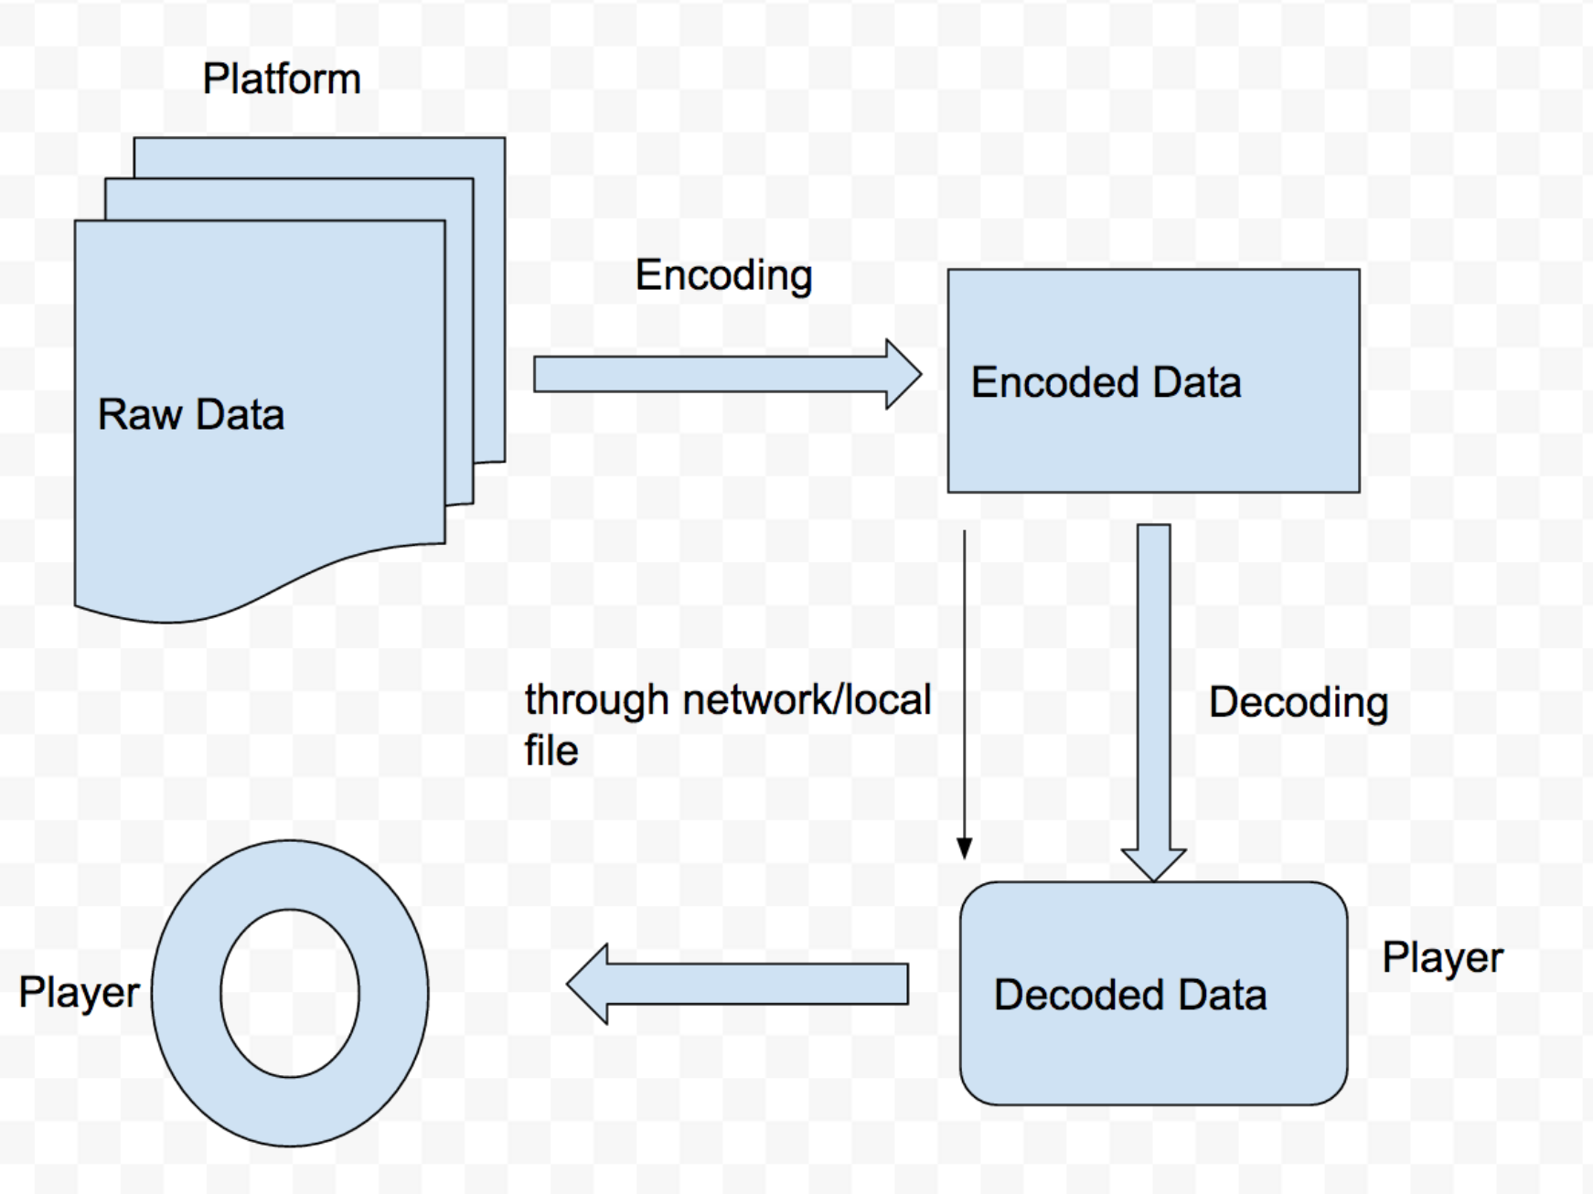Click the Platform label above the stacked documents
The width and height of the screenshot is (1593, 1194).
point(282,79)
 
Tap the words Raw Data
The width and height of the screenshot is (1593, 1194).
point(191,414)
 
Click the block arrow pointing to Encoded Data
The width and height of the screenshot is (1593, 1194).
point(727,375)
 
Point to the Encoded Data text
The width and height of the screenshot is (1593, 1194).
point(1106,382)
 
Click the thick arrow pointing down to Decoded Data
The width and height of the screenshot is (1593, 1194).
point(1154,702)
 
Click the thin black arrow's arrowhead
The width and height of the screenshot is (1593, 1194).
point(964,848)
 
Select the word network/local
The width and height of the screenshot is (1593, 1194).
point(807,700)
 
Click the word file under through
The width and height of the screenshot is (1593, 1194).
point(551,751)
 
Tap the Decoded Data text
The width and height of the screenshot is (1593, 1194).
point(1130,995)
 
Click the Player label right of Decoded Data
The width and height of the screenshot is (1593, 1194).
point(1442,959)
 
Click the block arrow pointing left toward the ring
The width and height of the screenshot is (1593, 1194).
point(738,984)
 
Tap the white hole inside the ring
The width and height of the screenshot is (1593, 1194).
point(290,994)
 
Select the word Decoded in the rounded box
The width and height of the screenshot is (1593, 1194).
point(1079,995)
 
